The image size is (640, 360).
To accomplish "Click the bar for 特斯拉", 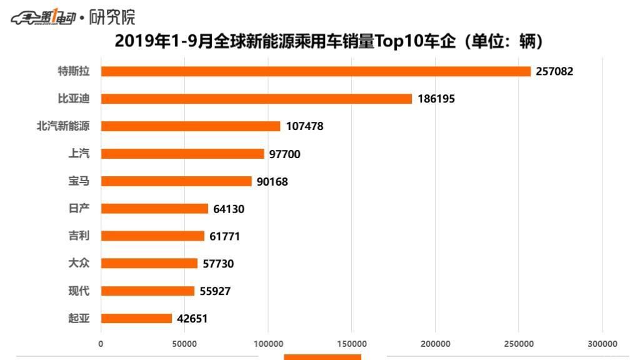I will click(316, 71).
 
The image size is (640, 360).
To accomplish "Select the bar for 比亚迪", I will click(256, 99).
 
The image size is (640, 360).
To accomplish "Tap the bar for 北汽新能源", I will click(191, 126).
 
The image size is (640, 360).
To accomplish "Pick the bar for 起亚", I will click(136, 318).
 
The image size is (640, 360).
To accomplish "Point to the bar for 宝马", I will click(176, 181).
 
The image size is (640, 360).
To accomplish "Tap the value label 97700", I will click(285, 154).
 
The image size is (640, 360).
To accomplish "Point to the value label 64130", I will click(229, 209).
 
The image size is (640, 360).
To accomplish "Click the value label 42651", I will click(192, 318).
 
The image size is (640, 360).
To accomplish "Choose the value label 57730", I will click(218, 264).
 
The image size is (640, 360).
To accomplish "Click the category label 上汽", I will click(79, 153).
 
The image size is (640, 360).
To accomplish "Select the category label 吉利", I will click(79, 236).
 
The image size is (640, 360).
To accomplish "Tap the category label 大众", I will click(79, 263).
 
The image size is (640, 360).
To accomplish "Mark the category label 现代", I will click(79, 291).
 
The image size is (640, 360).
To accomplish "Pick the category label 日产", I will click(79, 208).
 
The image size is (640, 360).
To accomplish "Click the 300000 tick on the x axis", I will click(602, 344).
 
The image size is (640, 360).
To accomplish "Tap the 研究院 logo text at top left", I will click(112, 17).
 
